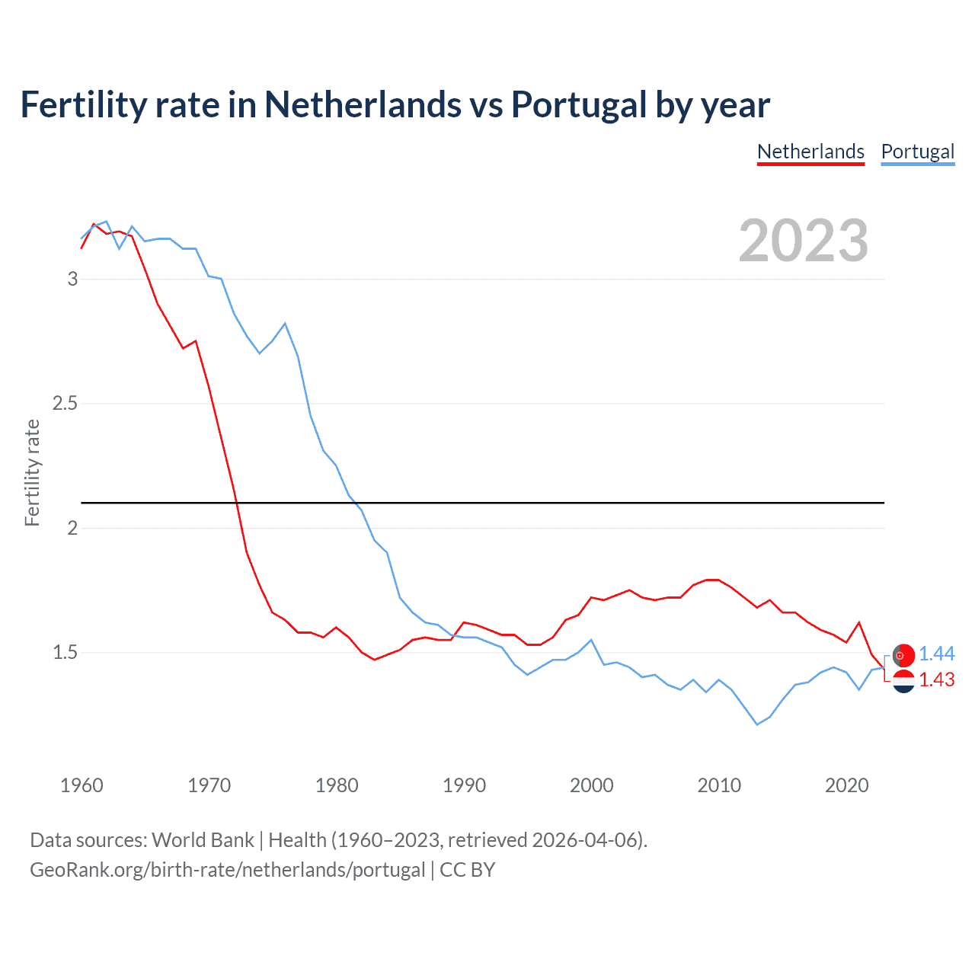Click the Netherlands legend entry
tap(810, 152)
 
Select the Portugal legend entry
tap(917, 152)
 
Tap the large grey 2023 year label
tap(804, 241)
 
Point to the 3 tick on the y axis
tap(73, 279)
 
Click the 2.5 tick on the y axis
tap(66, 403)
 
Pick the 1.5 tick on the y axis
tap(66, 653)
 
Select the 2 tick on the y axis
tap(73, 528)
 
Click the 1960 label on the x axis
tap(82, 785)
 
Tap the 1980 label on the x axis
tap(337, 785)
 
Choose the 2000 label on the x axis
tap(591, 785)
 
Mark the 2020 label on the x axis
tap(846, 785)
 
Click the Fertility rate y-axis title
tap(32, 472)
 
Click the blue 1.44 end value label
tap(936, 654)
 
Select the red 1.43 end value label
tap(936, 679)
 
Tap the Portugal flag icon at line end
tap(903, 655)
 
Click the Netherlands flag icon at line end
tap(903, 681)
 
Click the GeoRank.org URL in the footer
tap(227, 870)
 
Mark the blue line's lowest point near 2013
tap(757, 724)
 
